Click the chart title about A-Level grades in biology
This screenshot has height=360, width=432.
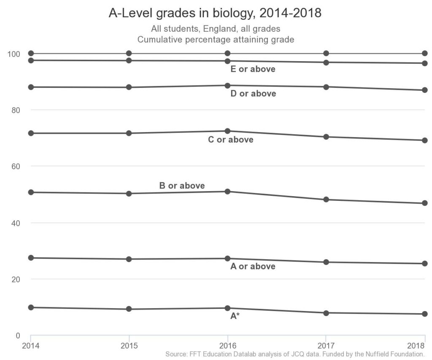click(215, 14)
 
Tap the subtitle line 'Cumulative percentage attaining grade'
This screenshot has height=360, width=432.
click(216, 40)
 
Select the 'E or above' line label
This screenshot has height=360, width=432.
click(253, 69)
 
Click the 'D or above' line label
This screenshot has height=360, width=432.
click(253, 94)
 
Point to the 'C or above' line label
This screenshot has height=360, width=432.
click(231, 140)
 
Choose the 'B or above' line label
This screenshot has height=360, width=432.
click(182, 186)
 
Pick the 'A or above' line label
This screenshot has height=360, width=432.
click(253, 266)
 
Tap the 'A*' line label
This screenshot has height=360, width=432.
click(235, 316)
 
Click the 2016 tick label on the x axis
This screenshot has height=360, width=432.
click(228, 346)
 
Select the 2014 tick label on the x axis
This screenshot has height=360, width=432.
click(31, 346)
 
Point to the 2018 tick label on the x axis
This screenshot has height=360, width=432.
click(419, 346)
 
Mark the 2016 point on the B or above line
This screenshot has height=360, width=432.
click(228, 192)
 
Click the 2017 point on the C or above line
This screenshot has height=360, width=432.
click(326, 137)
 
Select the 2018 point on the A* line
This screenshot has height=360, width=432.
click(425, 314)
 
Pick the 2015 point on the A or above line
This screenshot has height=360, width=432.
click(129, 259)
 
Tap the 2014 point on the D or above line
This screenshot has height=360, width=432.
click(31, 87)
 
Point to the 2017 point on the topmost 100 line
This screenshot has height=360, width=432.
click(326, 53)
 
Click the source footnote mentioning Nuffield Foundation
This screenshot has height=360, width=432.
click(294, 354)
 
